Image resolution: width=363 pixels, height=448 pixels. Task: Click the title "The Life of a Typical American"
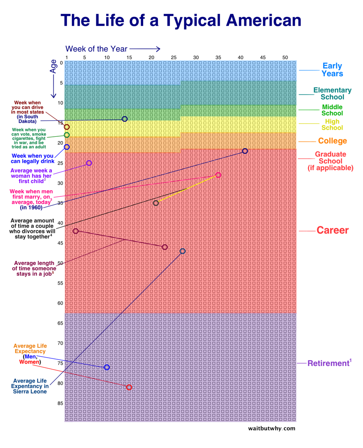click(x=181, y=20)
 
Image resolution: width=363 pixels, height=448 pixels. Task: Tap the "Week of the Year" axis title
click(x=96, y=49)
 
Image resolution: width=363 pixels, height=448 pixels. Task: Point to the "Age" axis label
click(x=54, y=66)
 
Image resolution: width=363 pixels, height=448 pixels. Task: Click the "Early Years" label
click(x=332, y=70)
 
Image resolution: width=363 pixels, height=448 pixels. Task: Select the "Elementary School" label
click(x=332, y=94)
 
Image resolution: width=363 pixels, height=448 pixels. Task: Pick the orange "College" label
click(x=332, y=141)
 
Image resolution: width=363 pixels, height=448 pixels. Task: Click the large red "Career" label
click(x=332, y=230)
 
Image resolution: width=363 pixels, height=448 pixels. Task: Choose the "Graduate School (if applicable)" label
click(x=330, y=161)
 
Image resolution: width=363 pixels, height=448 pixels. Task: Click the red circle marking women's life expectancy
click(x=129, y=387)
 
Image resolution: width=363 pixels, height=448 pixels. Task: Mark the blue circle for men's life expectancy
click(x=107, y=367)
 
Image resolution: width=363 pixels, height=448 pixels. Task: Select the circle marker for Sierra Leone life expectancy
click(x=182, y=251)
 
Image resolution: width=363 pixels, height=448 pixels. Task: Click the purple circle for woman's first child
click(x=89, y=163)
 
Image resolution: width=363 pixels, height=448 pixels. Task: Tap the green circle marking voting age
click(x=67, y=135)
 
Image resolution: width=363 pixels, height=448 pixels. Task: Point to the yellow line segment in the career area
click(x=187, y=189)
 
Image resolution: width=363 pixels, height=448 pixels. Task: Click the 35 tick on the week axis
click(x=218, y=57)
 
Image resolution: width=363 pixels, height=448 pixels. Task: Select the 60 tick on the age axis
click(x=60, y=303)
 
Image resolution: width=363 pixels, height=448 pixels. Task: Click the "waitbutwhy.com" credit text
click(x=272, y=428)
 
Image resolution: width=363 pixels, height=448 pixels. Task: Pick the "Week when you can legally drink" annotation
click(x=32, y=159)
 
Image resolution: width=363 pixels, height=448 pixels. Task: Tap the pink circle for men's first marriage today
click(x=218, y=175)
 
